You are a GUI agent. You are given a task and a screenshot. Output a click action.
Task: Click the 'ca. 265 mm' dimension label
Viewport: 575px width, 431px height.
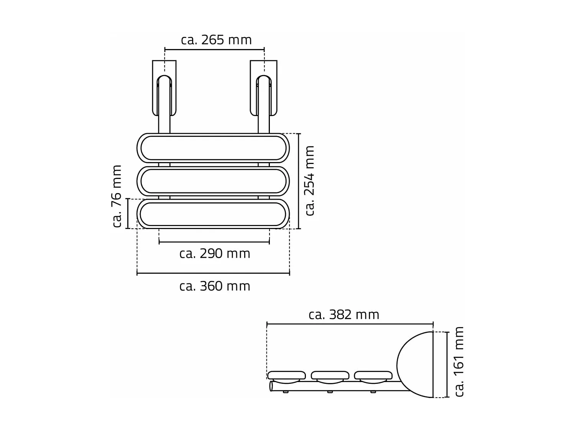(216, 40)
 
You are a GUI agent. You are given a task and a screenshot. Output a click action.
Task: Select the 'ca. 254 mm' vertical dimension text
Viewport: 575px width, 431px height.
(309, 180)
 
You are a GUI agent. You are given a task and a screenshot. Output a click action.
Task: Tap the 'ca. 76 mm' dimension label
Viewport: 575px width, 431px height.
(117, 196)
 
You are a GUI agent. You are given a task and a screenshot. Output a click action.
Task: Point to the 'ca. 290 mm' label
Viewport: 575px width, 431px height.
(215, 254)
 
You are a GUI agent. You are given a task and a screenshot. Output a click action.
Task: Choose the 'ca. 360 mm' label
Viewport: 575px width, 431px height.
(215, 286)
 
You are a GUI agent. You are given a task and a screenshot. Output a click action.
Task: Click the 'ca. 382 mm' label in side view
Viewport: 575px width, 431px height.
(344, 315)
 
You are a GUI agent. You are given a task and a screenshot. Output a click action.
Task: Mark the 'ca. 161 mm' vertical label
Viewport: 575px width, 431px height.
(459, 361)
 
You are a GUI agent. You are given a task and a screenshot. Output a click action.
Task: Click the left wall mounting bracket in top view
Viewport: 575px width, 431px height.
(164, 88)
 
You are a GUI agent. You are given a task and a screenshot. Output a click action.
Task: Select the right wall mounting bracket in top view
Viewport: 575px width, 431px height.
(264, 88)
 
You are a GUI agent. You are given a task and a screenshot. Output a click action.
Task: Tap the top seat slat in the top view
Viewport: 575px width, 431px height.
(213, 147)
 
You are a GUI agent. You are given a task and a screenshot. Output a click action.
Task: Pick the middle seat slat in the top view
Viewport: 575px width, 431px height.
(213, 181)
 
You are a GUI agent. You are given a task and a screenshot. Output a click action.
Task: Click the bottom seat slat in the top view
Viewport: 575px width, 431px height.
(213, 214)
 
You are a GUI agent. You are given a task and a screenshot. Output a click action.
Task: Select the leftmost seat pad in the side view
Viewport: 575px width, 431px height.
(286, 375)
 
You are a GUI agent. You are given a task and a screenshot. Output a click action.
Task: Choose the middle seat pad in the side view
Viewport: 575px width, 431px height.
(330, 375)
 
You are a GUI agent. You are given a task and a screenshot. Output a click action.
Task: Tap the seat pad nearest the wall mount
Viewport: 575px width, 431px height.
(373, 375)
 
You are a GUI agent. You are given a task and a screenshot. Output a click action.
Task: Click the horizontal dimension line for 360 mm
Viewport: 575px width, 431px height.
(213, 273)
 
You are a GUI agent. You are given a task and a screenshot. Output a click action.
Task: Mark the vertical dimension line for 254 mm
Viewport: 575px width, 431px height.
(299, 181)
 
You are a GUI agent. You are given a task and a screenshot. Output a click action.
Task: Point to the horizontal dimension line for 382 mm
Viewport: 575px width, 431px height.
(350, 324)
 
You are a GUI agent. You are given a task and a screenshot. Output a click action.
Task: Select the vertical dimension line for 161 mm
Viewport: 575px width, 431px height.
(447, 365)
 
